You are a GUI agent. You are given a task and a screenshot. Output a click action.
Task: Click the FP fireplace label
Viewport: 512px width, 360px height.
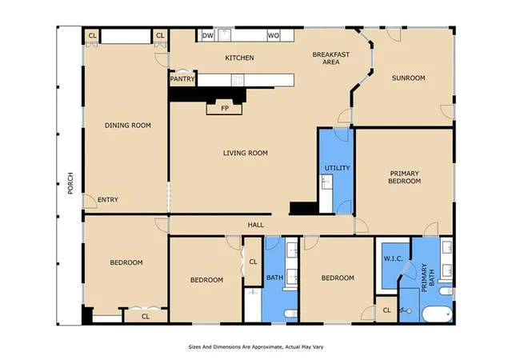(x=225, y=108)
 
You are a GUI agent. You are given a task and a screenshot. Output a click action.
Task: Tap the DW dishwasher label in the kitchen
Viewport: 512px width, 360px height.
(x=208, y=36)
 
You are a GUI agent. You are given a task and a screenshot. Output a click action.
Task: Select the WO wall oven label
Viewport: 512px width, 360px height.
(x=274, y=36)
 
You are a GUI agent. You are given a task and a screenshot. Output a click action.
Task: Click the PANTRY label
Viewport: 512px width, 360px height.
(x=182, y=79)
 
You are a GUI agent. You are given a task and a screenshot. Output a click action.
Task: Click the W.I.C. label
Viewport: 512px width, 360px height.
(x=393, y=258)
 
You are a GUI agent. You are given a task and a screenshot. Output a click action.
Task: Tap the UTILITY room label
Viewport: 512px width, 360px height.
(x=337, y=168)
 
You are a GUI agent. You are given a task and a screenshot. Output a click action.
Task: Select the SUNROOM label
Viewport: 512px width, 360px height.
(x=409, y=78)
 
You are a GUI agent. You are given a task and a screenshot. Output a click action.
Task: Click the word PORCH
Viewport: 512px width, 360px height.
(x=70, y=183)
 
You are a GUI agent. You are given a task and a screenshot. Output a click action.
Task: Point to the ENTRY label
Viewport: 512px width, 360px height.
(x=108, y=200)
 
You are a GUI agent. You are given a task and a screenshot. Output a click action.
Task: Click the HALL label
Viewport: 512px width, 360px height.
(x=256, y=225)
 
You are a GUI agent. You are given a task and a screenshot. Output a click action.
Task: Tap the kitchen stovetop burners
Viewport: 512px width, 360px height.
(x=238, y=80)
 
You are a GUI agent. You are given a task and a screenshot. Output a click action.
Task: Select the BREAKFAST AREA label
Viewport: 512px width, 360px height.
(x=330, y=58)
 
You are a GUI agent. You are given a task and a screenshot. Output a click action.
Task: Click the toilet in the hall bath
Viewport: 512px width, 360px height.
(x=290, y=314)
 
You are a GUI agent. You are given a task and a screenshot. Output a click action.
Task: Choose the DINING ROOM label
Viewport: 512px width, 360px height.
(x=128, y=125)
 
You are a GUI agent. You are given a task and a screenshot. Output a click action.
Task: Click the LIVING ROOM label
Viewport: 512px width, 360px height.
(x=246, y=153)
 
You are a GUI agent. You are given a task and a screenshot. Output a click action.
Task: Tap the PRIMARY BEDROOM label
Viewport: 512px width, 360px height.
(x=404, y=177)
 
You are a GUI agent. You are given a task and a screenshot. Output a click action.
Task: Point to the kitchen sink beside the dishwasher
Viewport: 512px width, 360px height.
(x=224, y=34)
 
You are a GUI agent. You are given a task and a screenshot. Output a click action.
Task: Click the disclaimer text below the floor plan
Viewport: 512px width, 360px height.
(x=256, y=347)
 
